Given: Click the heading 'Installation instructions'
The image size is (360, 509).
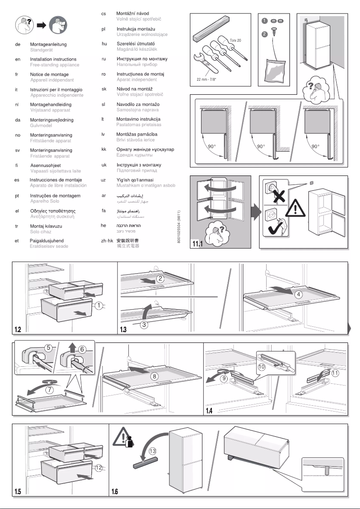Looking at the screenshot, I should (53, 59).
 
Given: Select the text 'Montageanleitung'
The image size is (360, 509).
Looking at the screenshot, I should (49, 45).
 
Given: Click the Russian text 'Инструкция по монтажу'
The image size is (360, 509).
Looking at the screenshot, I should (141, 59).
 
